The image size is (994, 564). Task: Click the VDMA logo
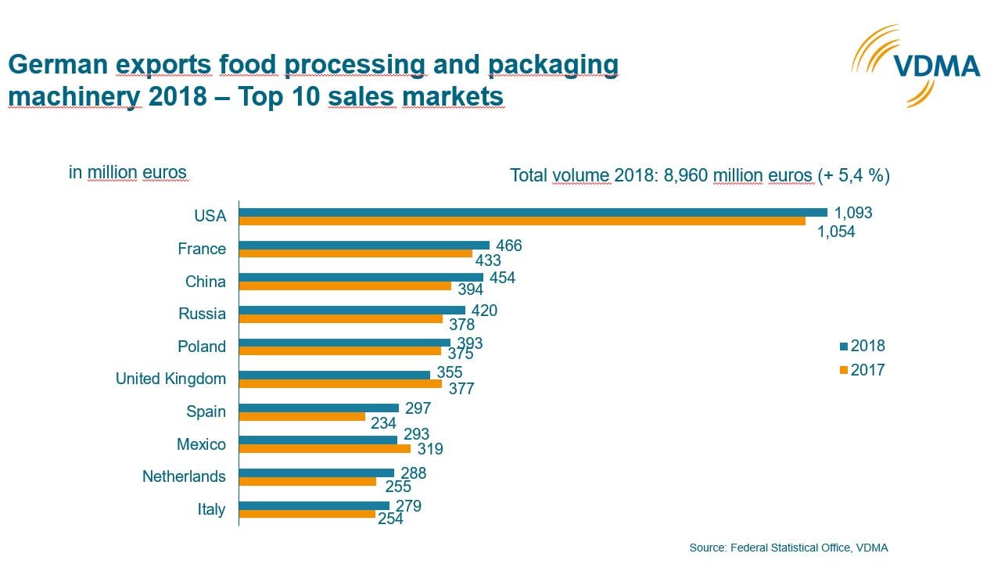(x=915, y=66)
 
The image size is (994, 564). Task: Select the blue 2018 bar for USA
(x=533, y=212)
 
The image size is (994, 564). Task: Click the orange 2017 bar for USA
(x=522, y=221)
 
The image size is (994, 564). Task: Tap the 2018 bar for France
(x=364, y=245)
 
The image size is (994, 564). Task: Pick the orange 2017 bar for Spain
(x=302, y=417)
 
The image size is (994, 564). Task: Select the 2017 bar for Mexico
(x=325, y=449)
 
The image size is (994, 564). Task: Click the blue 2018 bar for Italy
(x=314, y=505)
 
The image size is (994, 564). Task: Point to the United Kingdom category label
(x=170, y=379)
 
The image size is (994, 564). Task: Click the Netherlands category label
(x=184, y=476)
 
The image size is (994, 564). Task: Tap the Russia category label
(x=202, y=314)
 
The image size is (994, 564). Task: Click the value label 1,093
(x=852, y=213)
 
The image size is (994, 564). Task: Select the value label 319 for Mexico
(x=429, y=450)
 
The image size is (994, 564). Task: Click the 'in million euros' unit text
(x=127, y=173)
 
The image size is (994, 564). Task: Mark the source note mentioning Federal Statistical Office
(x=788, y=548)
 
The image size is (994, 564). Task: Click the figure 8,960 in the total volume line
(x=686, y=175)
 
